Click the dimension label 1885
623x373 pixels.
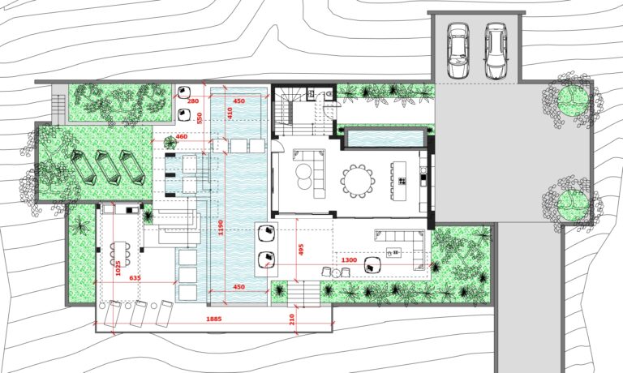[x=214, y=319]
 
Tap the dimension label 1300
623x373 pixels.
[x=349, y=259]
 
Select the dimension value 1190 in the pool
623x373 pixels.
[x=221, y=227]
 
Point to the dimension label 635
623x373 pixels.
[x=135, y=278]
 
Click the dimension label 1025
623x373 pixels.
[x=118, y=268]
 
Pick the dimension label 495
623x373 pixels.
[x=301, y=250]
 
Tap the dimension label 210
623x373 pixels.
[x=292, y=319]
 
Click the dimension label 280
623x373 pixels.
[x=193, y=101]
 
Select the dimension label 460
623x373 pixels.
[x=181, y=137]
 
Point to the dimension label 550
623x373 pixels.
[x=200, y=118]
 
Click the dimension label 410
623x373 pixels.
[x=230, y=113]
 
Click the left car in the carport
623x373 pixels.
[x=458, y=50]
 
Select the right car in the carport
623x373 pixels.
[x=496, y=50]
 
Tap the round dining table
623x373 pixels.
[x=358, y=181]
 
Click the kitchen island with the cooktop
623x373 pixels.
[x=400, y=181]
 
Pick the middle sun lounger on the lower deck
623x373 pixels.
[x=138, y=314]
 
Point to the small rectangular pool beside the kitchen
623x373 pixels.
[x=385, y=138]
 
